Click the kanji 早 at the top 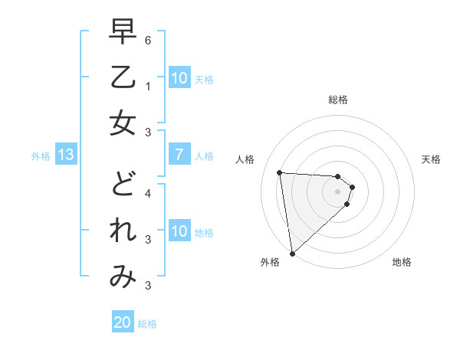click(123, 32)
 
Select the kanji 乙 click(123, 78)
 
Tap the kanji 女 click(123, 124)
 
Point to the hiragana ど click(123, 185)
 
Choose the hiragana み click(123, 277)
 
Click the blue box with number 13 click(65, 155)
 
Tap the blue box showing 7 click(179, 155)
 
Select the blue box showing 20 click(122, 322)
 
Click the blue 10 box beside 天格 click(179, 78)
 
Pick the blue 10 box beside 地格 click(179, 231)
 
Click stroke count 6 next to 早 click(148, 39)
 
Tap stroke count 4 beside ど click(148, 193)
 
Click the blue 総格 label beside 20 click(147, 324)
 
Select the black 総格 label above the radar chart click(338, 100)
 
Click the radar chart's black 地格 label click(402, 262)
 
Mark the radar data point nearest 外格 click(292, 253)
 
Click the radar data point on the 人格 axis click(279, 172)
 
